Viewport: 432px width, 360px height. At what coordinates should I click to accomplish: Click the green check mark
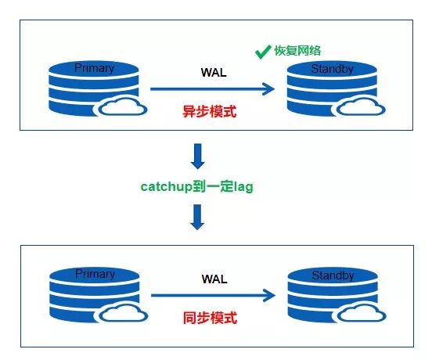[x=262, y=52]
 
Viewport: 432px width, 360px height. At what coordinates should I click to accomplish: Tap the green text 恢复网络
[x=297, y=51]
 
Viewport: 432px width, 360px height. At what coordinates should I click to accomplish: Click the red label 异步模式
[x=210, y=112]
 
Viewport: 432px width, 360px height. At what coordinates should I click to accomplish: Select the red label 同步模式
[x=210, y=318]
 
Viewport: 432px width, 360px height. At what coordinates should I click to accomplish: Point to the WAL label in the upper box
[x=214, y=73]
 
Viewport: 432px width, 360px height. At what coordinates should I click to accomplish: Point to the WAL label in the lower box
[x=214, y=279]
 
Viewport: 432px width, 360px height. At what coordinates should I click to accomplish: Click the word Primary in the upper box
[x=94, y=68]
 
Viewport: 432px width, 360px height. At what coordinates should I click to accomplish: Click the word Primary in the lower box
[x=95, y=274]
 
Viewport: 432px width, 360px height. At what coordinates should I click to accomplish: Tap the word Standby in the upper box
[x=333, y=69]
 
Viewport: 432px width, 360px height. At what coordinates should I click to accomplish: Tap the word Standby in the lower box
[x=333, y=275]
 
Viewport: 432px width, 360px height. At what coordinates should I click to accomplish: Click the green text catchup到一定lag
[x=196, y=186]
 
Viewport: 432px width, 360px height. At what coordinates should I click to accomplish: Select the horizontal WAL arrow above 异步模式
[x=212, y=89]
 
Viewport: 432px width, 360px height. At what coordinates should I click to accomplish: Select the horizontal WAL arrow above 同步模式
[x=213, y=295]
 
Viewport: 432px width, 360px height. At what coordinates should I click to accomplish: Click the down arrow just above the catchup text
[x=198, y=157]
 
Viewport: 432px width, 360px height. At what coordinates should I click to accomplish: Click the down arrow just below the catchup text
[x=197, y=217]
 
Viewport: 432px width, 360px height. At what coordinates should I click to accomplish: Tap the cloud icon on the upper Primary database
[x=123, y=106]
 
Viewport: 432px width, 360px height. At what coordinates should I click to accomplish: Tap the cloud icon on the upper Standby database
[x=361, y=106]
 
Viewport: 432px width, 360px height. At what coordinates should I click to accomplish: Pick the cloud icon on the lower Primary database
[x=123, y=313]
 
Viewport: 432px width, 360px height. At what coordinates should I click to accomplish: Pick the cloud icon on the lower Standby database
[x=362, y=313]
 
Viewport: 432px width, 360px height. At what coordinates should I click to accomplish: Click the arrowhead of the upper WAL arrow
[x=268, y=89]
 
